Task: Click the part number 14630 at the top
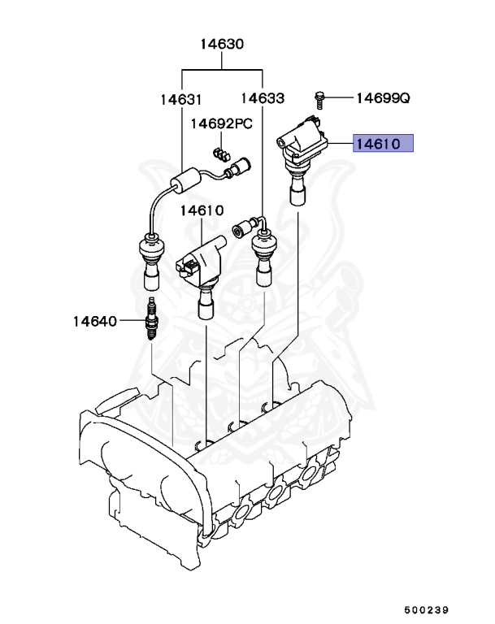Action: click(222, 45)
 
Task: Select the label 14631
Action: click(180, 99)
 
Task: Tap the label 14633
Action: click(263, 99)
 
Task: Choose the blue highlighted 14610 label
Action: click(382, 145)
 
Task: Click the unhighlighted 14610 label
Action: click(201, 210)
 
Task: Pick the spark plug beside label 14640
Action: click(150, 321)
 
